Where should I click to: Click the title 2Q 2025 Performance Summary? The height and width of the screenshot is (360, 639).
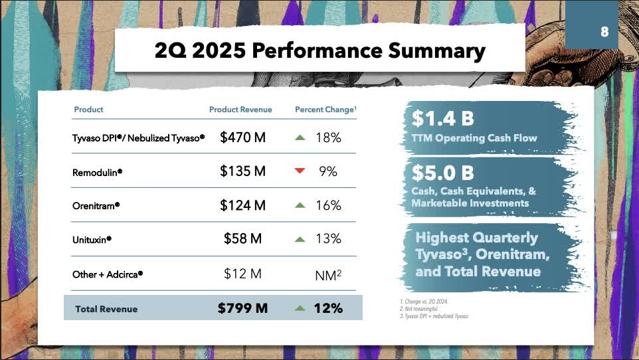pyautogui.click(x=319, y=50)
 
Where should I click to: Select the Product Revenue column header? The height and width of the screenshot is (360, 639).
pyautogui.click(x=240, y=110)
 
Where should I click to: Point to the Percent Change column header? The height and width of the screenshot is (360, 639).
pyautogui.click(x=325, y=110)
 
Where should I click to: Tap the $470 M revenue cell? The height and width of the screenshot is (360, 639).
pyautogui.click(x=242, y=137)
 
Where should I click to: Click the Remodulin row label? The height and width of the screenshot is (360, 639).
pyautogui.click(x=97, y=172)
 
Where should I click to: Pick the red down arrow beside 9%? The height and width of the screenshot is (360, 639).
pyautogui.click(x=300, y=171)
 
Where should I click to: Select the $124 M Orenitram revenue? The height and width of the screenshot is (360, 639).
pyautogui.click(x=242, y=206)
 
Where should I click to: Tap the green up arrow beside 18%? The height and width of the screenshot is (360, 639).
pyautogui.click(x=300, y=137)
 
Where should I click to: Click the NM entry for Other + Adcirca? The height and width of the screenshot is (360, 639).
pyautogui.click(x=327, y=274)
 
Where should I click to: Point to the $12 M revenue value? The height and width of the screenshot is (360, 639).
pyautogui.click(x=242, y=274)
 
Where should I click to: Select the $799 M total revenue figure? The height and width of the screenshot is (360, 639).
pyautogui.click(x=242, y=308)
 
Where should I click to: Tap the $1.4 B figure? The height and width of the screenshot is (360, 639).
pyautogui.click(x=442, y=120)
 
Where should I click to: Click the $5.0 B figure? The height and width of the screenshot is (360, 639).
pyautogui.click(x=442, y=173)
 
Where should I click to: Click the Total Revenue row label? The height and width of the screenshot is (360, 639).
pyautogui.click(x=106, y=309)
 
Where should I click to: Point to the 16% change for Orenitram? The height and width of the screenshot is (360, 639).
pyautogui.click(x=328, y=206)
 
